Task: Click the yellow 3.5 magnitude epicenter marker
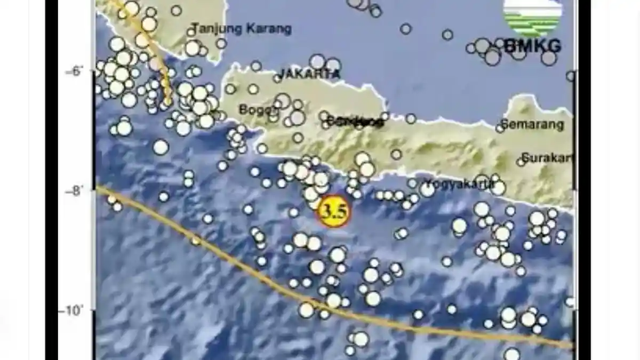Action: click(333, 211)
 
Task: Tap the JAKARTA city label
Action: click(309, 74)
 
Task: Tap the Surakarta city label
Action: click(547, 158)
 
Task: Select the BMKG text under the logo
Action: click(532, 46)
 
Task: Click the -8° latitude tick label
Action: click(75, 190)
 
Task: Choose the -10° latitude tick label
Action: click(73, 310)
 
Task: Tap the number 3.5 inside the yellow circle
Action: click(333, 212)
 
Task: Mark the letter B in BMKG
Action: click(509, 46)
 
